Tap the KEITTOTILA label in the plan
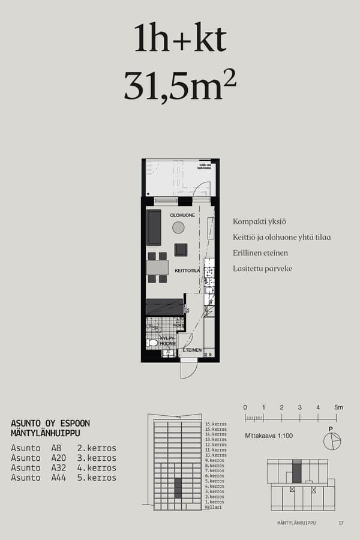187,271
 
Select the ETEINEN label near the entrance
192,349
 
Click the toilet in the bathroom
153,343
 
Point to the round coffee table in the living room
178,227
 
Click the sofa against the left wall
154,227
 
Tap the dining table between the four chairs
157,267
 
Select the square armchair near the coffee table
181,250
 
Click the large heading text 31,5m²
179,85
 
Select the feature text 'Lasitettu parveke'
262,269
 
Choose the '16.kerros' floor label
215,424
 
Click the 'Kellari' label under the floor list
213,507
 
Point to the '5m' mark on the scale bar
338,407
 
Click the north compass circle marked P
331,441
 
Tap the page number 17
341,523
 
